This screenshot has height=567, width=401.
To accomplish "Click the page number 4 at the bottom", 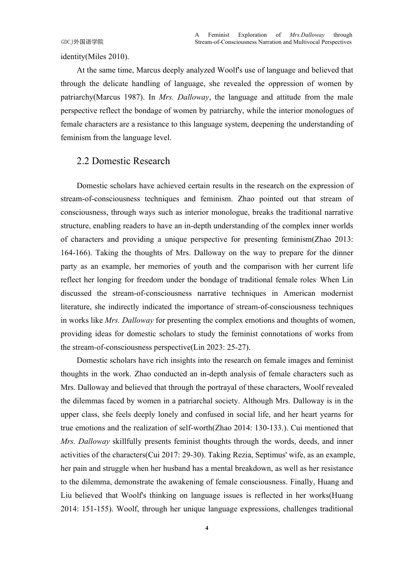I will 206,528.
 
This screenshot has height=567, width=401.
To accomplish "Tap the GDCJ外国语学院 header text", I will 82,42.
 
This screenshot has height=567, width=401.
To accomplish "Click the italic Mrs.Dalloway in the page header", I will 307,35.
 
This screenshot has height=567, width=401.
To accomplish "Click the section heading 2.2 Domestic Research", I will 123,161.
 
